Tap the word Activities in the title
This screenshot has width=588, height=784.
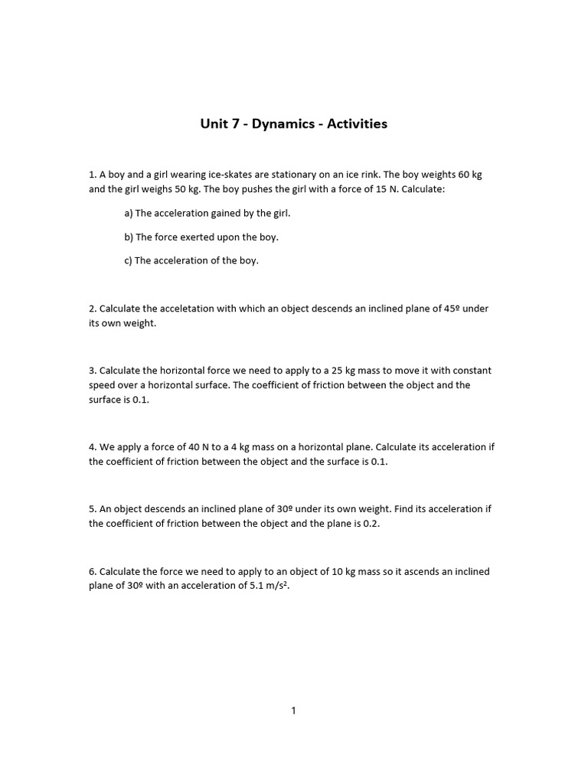coord(358,123)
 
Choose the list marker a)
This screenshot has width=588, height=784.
coord(128,213)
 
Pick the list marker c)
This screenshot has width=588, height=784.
coord(128,260)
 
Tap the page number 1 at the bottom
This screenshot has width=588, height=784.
coord(294,710)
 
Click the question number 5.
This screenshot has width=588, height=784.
coord(93,509)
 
